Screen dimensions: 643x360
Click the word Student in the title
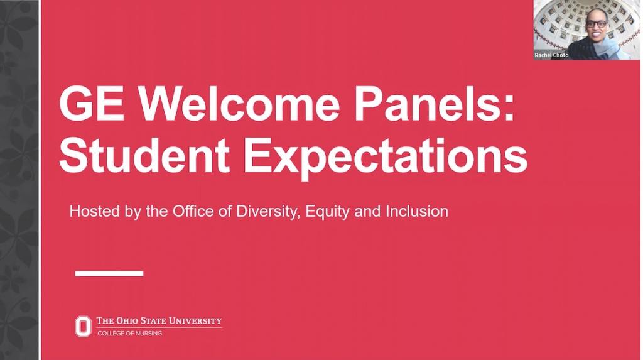tap(144, 156)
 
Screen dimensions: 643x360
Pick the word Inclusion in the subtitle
tap(417, 211)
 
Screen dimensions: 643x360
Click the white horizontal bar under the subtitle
tap(109, 273)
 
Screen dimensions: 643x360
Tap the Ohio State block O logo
tap(84, 326)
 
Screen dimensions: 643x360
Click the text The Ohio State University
tap(159, 321)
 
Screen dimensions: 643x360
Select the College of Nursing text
tap(129, 334)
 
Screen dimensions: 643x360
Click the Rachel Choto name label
tap(551, 55)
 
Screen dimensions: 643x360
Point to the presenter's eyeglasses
tap(596, 24)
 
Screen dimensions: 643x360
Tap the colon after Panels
tap(509, 109)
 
